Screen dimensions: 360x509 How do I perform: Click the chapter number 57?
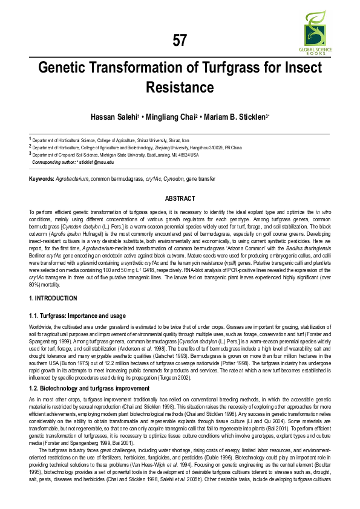180,41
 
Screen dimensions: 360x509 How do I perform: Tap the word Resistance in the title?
180,88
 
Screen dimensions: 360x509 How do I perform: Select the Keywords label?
42,180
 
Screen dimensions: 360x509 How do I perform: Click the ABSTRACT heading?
180,199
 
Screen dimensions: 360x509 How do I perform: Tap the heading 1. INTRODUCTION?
53,298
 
